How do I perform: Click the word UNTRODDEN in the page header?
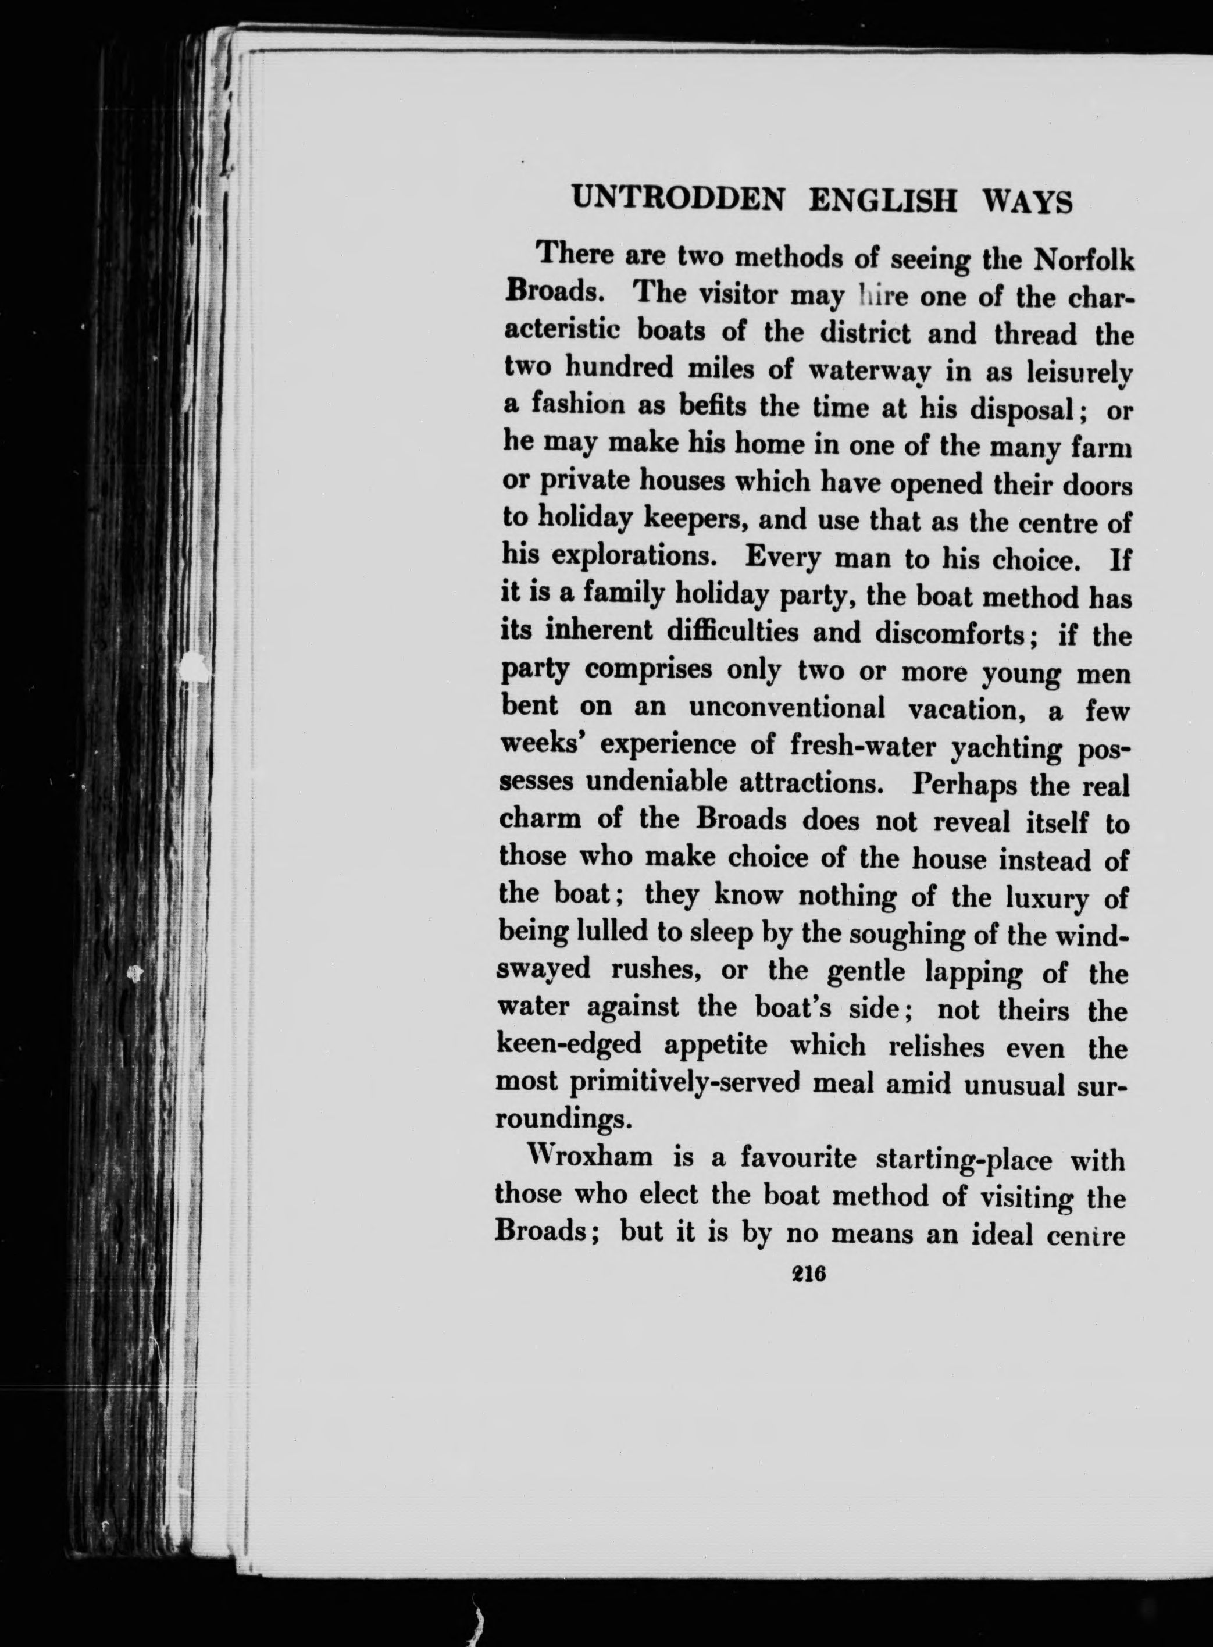point(677,199)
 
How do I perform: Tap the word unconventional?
point(787,708)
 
